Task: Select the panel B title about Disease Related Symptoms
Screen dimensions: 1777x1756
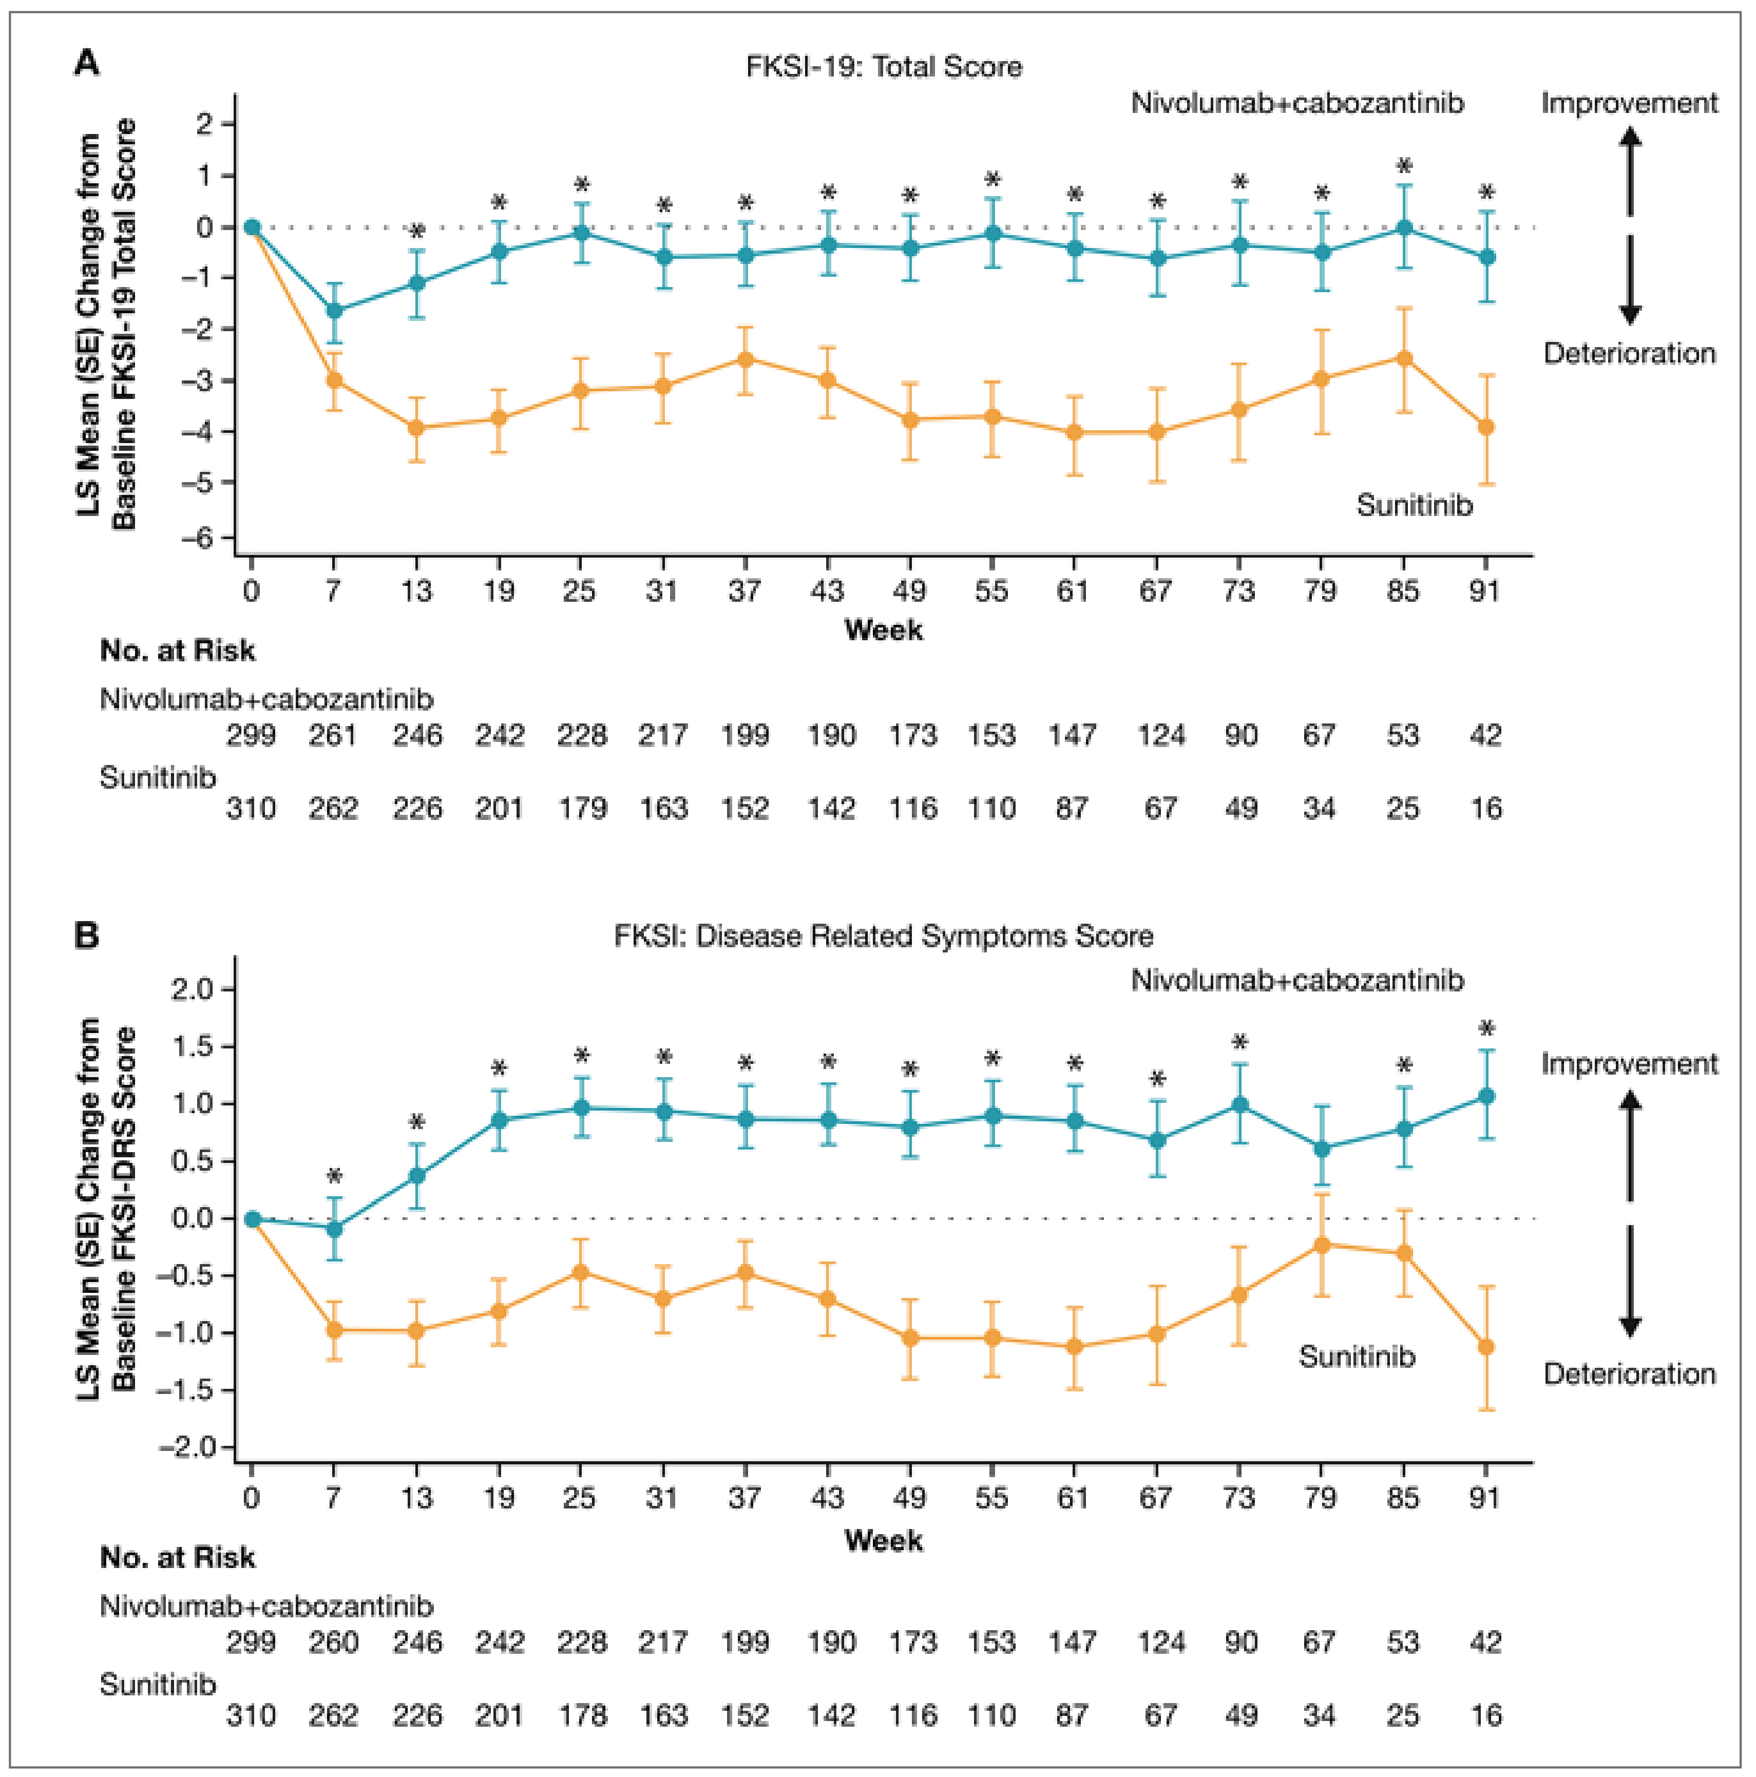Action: (883, 937)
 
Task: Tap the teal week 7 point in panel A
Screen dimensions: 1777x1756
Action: (334, 311)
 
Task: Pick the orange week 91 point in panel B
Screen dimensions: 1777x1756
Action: (1485, 1347)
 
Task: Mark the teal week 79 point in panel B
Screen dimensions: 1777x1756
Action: (1322, 1149)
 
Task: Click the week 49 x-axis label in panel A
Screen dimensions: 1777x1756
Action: (909, 590)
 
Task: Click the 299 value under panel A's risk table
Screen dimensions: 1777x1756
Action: (251, 735)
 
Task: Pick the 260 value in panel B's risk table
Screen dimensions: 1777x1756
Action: (333, 1642)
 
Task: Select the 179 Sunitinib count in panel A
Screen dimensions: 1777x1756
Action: (581, 809)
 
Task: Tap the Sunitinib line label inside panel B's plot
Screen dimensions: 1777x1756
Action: (1357, 1356)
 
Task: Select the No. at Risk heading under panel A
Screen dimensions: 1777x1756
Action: (177, 651)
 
